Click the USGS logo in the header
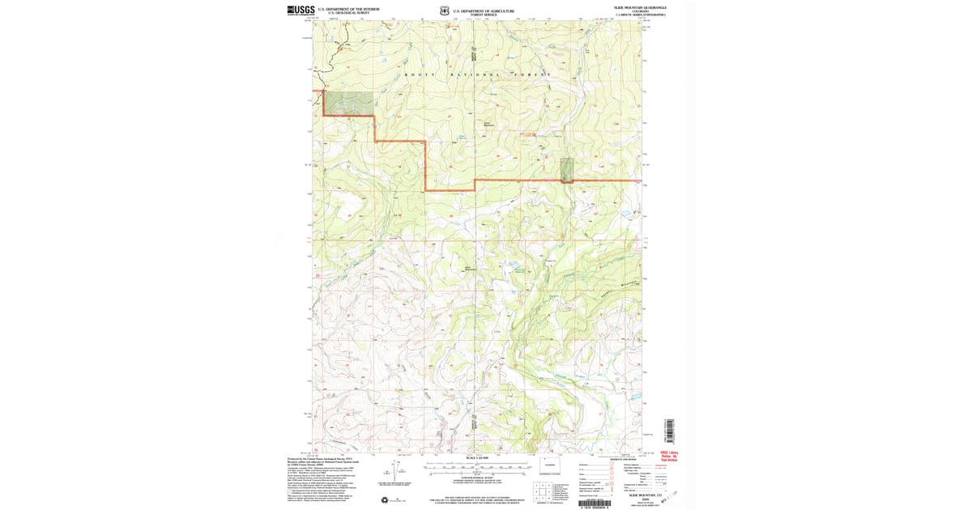(301, 10)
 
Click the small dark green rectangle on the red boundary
(567, 169)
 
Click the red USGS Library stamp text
(670, 457)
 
